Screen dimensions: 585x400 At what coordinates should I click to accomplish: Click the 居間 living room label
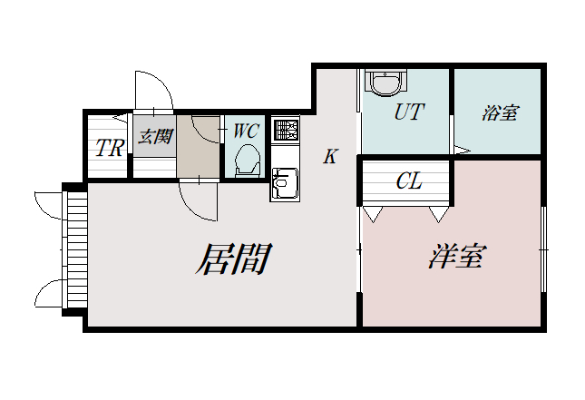[x=233, y=259]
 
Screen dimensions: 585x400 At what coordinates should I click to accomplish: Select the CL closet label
[x=409, y=181]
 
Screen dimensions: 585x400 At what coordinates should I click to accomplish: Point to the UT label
[x=409, y=112]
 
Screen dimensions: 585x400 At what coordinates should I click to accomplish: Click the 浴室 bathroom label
[x=500, y=113]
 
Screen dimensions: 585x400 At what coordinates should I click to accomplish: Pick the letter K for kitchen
[x=330, y=157]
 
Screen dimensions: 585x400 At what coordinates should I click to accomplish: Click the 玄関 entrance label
[x=154, y=138]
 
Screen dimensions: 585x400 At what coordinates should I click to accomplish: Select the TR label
[x=109, y=149]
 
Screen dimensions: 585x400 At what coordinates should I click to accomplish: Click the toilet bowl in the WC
[x=247, y=163]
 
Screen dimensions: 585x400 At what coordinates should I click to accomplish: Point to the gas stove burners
[x=285, y=130]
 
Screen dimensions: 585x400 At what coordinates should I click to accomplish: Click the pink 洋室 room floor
[x=453, y=290]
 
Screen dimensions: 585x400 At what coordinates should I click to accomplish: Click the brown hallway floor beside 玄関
[x=198, y=150]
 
